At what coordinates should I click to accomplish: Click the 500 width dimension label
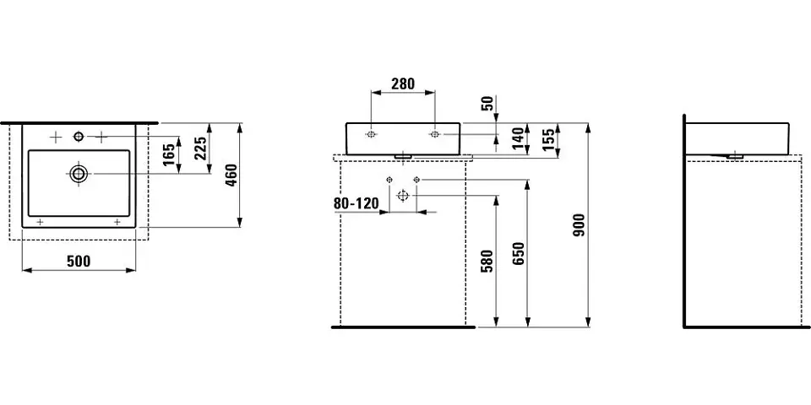pyautogui.click(x=79, y=262)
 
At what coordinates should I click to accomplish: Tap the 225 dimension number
pyautogui.click(x=201, y=147)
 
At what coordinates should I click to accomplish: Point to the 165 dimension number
pyautogui.click(x=169, y=154)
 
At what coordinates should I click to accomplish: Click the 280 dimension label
pyautogui.click(x=403, y=84)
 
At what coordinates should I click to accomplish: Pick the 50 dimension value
pyautogui.click(x=487, y=103)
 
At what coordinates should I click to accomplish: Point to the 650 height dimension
pyautogui.click(x=519, y=253)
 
